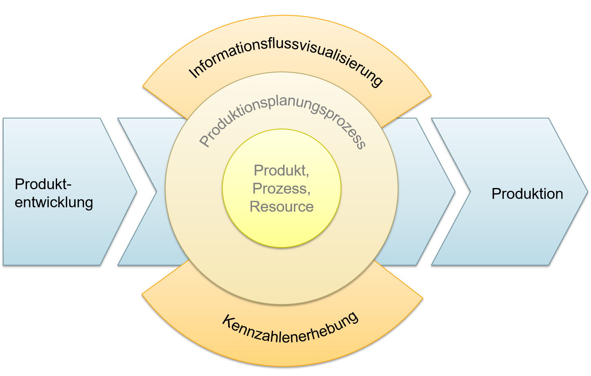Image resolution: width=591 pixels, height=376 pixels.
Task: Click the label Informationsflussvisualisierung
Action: coord(286,57)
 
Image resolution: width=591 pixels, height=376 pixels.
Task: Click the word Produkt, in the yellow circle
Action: coord(281,171)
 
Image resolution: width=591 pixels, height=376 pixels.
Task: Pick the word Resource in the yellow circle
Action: coord(281,206)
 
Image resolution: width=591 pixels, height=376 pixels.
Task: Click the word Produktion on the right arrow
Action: coord(527,194)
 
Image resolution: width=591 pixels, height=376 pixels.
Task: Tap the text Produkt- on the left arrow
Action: coord(43,184)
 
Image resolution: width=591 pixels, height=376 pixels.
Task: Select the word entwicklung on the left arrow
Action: coord(54,202)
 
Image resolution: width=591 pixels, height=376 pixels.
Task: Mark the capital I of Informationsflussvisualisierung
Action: coord(192,74)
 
